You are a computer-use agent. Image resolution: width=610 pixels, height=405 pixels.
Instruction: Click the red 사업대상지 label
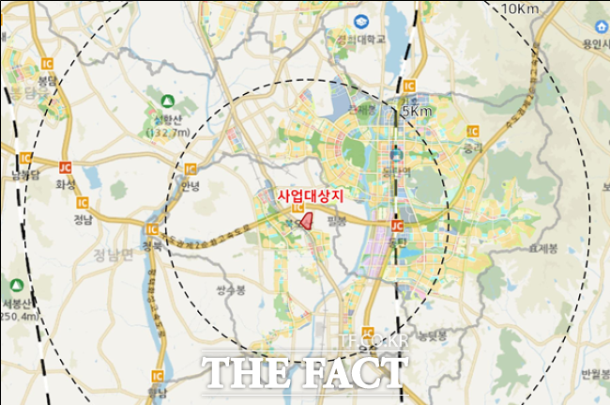click(x=312, y=196)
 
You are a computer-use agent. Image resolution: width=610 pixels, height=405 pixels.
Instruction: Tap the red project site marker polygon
click(x=305, y=220)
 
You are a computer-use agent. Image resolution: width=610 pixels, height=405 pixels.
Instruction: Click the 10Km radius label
click(x=522, y=9)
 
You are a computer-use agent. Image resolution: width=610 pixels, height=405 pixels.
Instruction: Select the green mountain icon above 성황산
click(x=167, y=101)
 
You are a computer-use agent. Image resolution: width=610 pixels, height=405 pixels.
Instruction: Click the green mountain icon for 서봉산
click(x=17, y=285)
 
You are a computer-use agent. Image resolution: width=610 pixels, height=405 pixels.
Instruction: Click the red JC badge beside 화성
click(x=65, y=167)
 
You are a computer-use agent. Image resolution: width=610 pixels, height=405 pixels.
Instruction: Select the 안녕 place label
click(x=191, y=184)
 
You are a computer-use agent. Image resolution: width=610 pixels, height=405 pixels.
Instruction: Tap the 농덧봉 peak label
click(x=432, y=335)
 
